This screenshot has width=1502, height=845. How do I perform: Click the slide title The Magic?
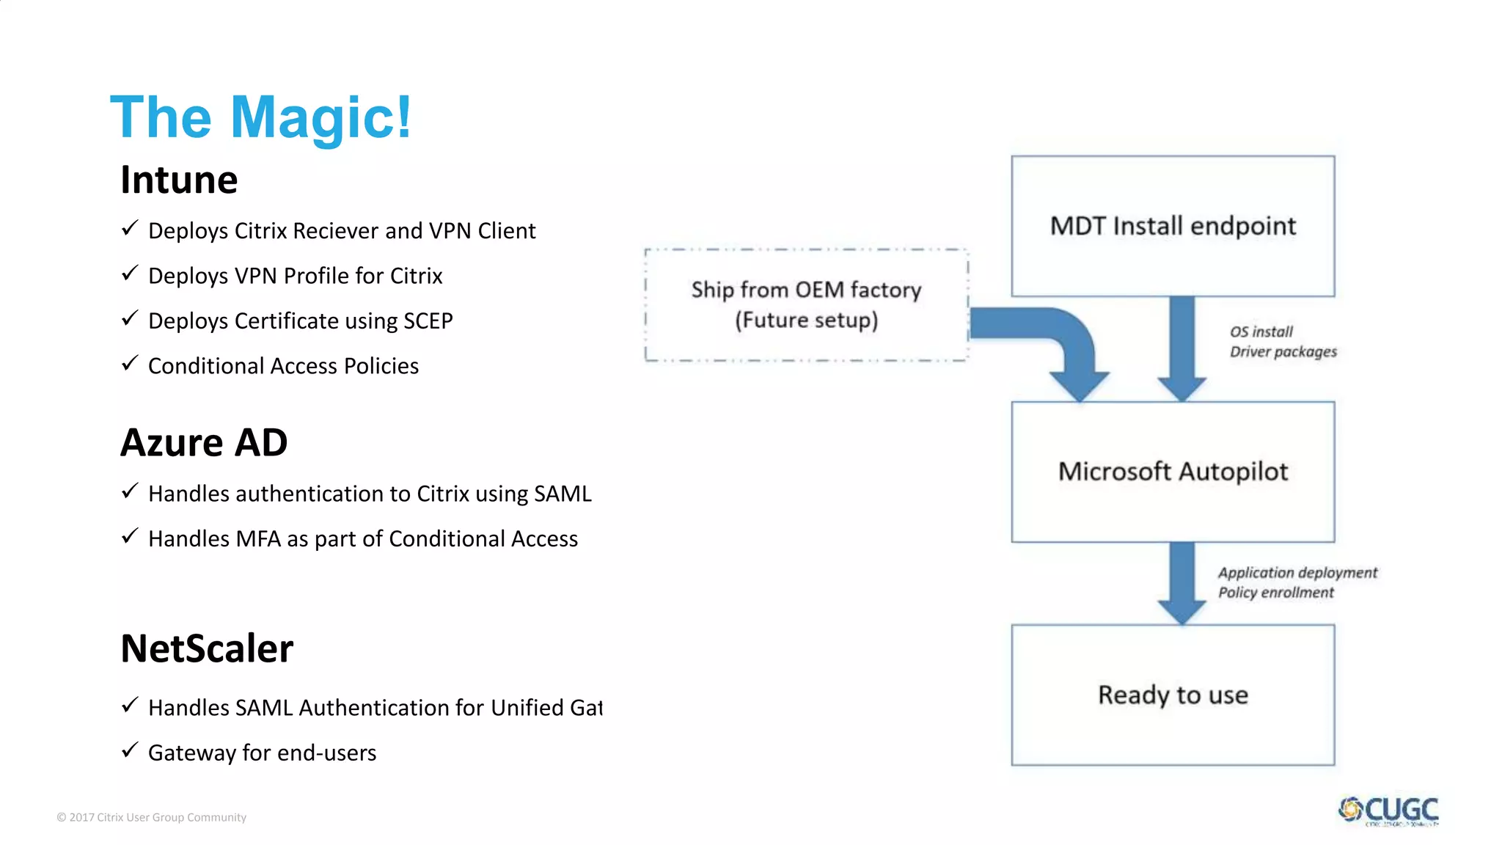click(260, 117)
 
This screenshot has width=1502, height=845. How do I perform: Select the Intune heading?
click(179, 180)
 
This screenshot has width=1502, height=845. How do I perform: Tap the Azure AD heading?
click(204, 442)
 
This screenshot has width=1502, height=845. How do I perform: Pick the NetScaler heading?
click(207, 648)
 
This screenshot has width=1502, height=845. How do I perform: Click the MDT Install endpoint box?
click(1172, 226)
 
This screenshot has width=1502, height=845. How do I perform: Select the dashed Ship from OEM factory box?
click(806, 305)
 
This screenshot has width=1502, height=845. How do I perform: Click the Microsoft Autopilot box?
click(1172, 472)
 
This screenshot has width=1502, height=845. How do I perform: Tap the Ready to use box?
click(1172, 695)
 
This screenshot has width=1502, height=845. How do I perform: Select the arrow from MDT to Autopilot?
click(1182, 345)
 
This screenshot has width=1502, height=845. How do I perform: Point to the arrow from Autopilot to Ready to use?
click(1182, 579)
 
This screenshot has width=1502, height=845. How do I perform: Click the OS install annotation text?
click(1261, 332)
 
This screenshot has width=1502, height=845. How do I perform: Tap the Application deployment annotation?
click(1297, 573)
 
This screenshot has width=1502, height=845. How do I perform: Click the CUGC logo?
click(1388, 811)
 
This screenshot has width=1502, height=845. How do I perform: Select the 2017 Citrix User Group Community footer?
click(152, 817)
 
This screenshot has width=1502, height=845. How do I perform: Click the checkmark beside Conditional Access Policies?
click(130, 363)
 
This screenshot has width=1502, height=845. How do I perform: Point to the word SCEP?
click(428, 321)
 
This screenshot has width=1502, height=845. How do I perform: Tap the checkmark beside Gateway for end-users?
click(130, 750)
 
